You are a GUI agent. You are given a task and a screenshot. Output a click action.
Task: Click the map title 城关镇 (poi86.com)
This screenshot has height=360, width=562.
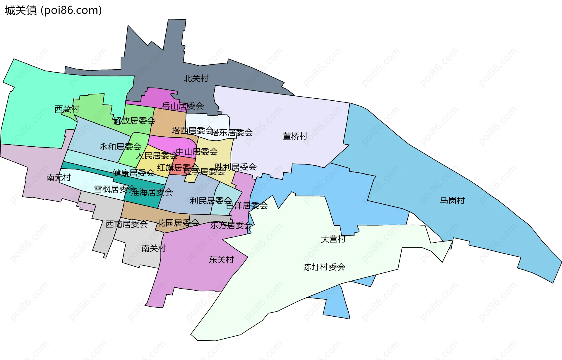[x=53, y=11]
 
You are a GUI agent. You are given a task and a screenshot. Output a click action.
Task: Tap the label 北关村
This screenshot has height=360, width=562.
[x=196, y=78]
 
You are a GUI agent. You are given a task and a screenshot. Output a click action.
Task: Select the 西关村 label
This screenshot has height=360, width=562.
[x=67, y=109]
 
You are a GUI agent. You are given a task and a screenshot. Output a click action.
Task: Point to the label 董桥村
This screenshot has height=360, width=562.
[x=295, y=136]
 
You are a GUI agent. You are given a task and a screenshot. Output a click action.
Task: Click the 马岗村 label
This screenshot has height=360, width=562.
[x=452, y=201]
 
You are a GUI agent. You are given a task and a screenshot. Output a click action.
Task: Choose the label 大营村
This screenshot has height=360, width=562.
[x=333, y=239]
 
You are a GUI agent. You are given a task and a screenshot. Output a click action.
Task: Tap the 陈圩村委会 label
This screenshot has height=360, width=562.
[x=324, y=267]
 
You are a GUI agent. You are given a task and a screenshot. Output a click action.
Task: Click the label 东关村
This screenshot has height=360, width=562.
[x=221, y=260]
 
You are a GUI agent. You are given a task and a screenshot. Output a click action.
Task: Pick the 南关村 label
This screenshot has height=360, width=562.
[x=154, y=248]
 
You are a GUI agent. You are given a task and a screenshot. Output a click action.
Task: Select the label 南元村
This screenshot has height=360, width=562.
[x=59, y=178]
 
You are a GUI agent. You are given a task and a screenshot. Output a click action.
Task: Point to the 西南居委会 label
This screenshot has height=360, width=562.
[x=126, y=224]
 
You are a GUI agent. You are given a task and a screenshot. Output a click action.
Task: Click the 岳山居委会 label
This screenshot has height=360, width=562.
[x=183, y=106]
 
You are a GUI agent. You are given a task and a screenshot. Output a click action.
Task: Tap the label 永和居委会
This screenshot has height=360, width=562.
[x=120, y=146]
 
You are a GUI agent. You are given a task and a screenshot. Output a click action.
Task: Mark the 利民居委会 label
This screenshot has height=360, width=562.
[x=211, y=201]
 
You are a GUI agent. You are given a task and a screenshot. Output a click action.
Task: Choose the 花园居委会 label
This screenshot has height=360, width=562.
[x=178, y=223]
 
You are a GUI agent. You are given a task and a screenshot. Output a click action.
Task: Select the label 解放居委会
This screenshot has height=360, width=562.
[x=134, y=121]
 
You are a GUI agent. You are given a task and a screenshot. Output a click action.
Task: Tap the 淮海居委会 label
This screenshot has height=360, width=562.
[x=152, y=192]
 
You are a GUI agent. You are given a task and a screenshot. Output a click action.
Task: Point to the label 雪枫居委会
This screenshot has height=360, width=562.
[x=115, y=189]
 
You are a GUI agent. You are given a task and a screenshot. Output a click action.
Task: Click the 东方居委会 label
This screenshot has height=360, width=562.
[x=231, y=225]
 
